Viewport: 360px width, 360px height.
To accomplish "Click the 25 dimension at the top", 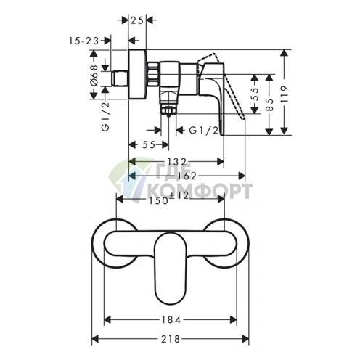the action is click(137, 20).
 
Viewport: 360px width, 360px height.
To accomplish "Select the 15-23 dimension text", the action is click(84, 41).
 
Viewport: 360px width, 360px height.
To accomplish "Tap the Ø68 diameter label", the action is click(94, 75).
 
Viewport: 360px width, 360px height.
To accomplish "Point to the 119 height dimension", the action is click(285, 94).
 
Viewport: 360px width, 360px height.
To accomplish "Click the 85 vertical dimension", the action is click(269, 105).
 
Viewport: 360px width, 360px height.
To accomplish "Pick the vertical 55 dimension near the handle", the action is click(255, 94).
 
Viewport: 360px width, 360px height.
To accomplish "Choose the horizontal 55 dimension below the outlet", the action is click(149, 145).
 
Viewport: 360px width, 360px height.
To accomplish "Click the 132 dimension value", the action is click(178, 161).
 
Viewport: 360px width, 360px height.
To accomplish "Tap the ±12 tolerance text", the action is click(179, 195).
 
